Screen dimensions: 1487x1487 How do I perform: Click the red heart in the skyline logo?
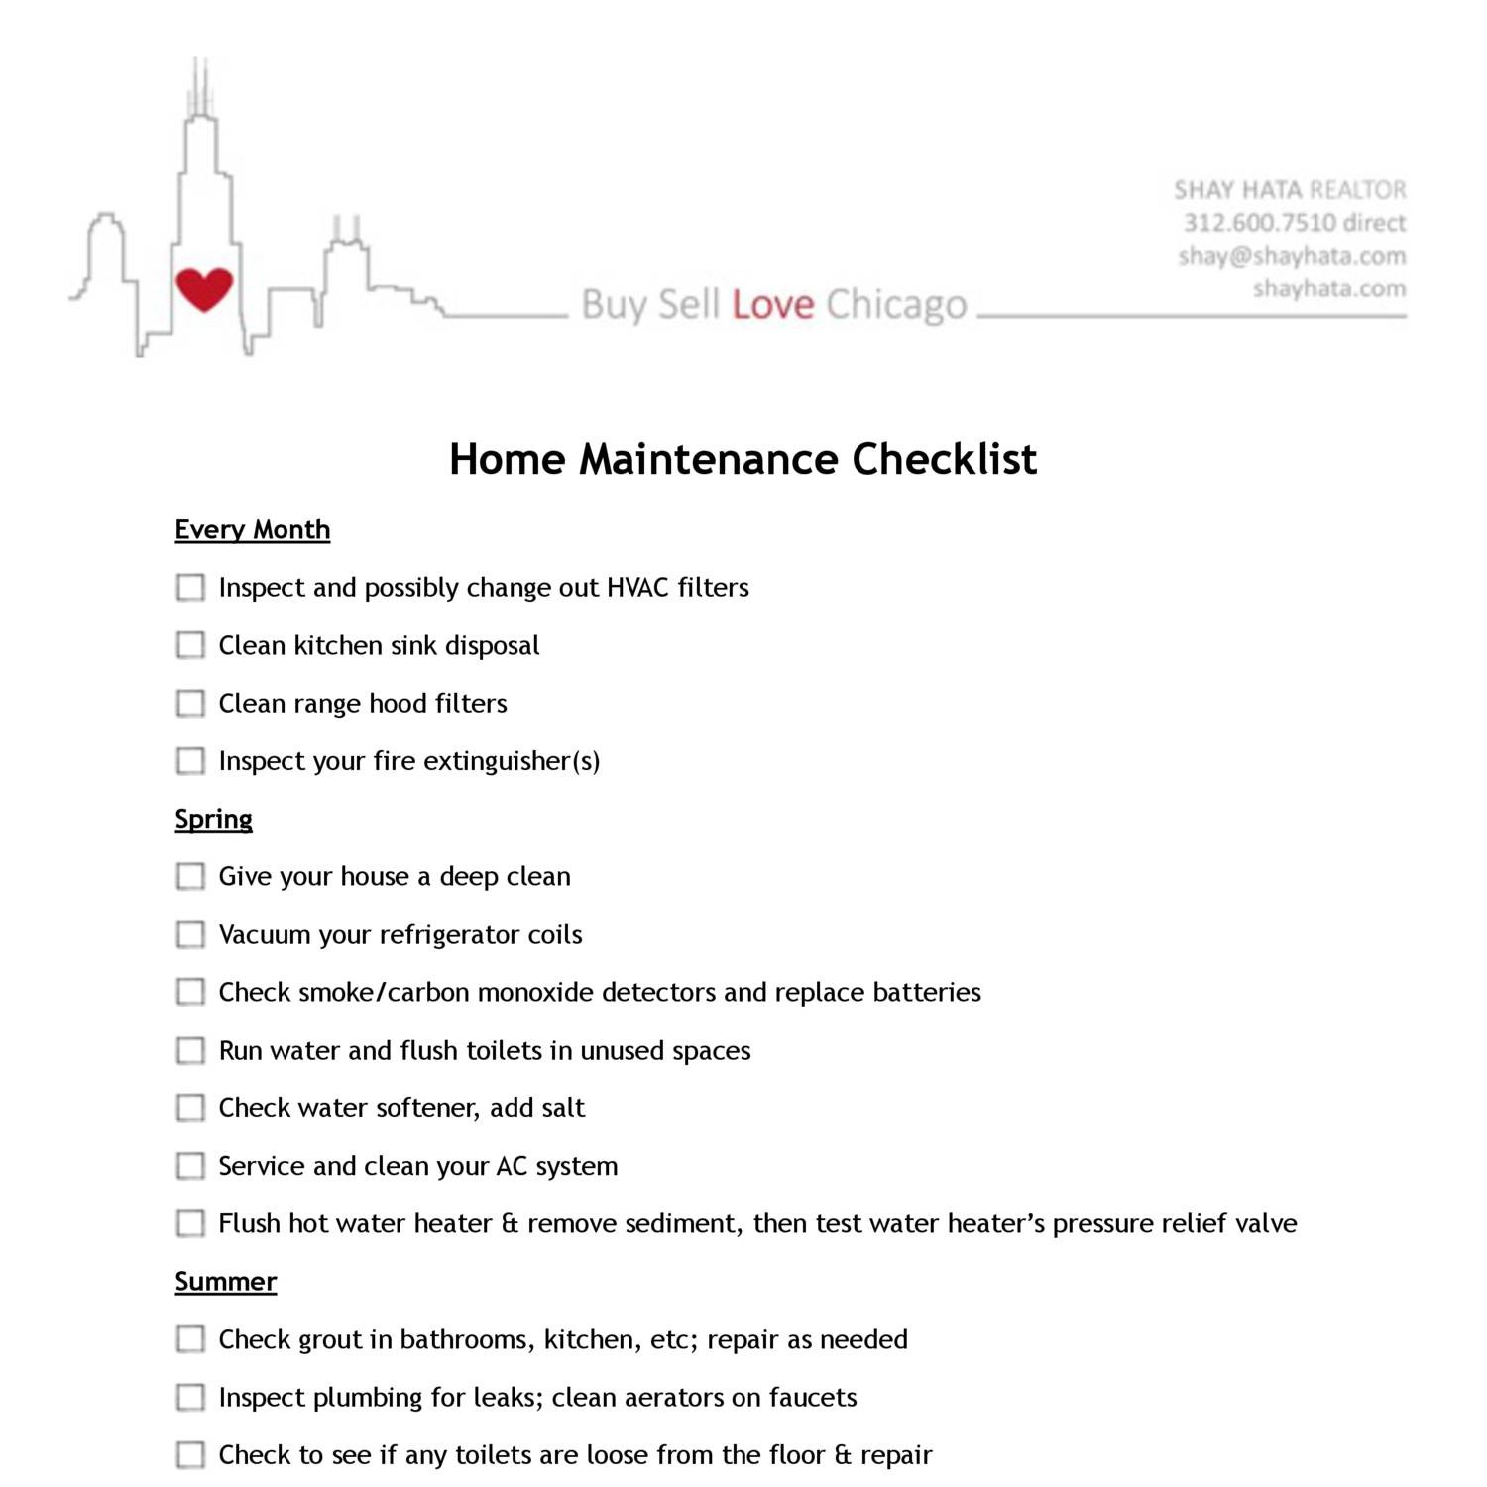pos(204,288)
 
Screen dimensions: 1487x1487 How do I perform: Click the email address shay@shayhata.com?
pos(1292,256)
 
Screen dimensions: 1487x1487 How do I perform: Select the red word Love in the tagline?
pos(773,305)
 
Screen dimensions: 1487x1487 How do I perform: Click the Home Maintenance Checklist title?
pos(743,459)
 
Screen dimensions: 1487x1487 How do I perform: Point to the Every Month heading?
pos(252,530)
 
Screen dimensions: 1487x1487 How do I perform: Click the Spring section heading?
pos(213,820)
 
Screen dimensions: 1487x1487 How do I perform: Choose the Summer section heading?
pos(225,1282)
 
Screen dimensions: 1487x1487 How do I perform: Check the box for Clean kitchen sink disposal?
pos(190,645)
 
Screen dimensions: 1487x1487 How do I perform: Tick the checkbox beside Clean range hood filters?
pos(190,704)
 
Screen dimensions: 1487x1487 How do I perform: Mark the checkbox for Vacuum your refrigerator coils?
pos(190,935)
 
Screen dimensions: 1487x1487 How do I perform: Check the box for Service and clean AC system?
pos(190,1166)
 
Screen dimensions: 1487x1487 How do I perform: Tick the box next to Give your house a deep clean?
pos(190,877)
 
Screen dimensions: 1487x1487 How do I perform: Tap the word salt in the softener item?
pos(563,1108)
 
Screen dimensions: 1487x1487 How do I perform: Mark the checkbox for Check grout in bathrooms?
pos(190,1339)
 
